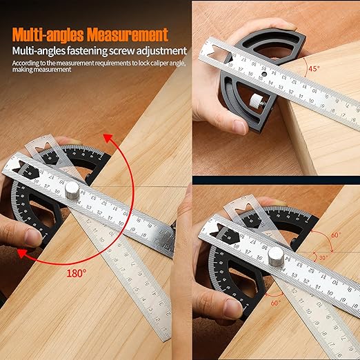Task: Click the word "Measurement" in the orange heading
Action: pyautogui.click(x=128, y=34)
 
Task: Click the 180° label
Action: pyautogui.click(x=76, y=272)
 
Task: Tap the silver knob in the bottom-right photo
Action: pyautogui.click(x=274, y=256)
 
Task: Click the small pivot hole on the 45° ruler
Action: pyautogui.click(x=264, y=71)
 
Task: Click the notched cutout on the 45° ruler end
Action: pyautogui.click(x=214, y=49)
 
